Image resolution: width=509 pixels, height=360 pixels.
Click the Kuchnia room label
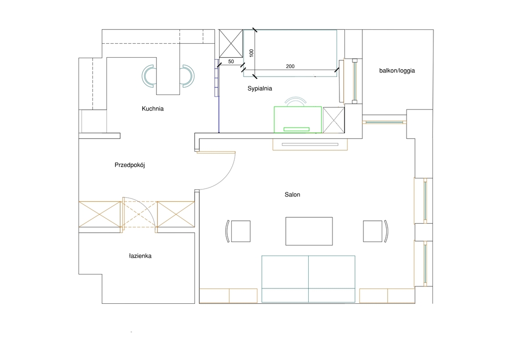153,109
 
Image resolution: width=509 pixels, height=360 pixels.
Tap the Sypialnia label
259,89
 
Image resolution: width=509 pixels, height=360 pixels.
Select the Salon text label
292,194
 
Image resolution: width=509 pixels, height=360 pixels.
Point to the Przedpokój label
130,165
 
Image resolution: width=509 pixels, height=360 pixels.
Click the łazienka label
140,256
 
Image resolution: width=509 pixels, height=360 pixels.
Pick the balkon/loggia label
397,71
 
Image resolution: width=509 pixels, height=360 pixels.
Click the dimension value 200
290,66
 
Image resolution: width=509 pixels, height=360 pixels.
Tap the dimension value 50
231,61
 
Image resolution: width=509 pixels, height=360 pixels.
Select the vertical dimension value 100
251,53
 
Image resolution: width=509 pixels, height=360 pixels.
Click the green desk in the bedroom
298,119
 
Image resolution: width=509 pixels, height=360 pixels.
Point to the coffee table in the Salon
309,231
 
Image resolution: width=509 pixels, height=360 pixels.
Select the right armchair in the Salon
375,231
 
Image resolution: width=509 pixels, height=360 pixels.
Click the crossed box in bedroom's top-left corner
231,43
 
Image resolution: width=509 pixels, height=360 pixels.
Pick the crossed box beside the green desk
334,120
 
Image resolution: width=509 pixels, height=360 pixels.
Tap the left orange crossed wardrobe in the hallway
100,214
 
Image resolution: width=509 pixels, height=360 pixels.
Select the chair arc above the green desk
295,98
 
